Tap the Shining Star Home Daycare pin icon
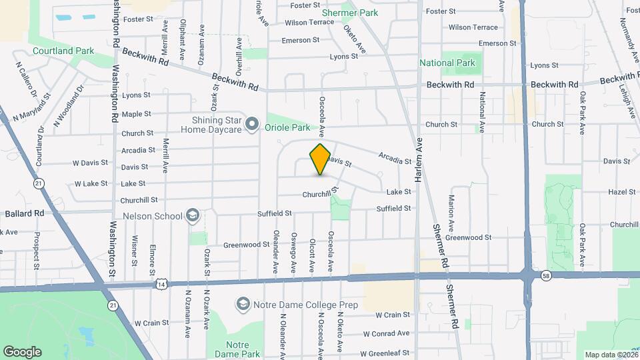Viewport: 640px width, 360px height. [x=252, y=123]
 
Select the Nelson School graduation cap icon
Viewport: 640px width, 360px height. [x=193, y=215]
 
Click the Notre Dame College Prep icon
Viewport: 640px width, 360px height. [x=243, y=305]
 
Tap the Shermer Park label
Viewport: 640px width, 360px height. [x=350, y=13]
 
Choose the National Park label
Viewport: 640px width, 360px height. [x=447, y=63]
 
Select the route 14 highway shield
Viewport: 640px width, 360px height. [x=161, y=285]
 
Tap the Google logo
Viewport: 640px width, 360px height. [x=22, y=351]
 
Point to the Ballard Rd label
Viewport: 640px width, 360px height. [x=24, y=213]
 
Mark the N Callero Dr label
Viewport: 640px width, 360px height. [x=25, y=79]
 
